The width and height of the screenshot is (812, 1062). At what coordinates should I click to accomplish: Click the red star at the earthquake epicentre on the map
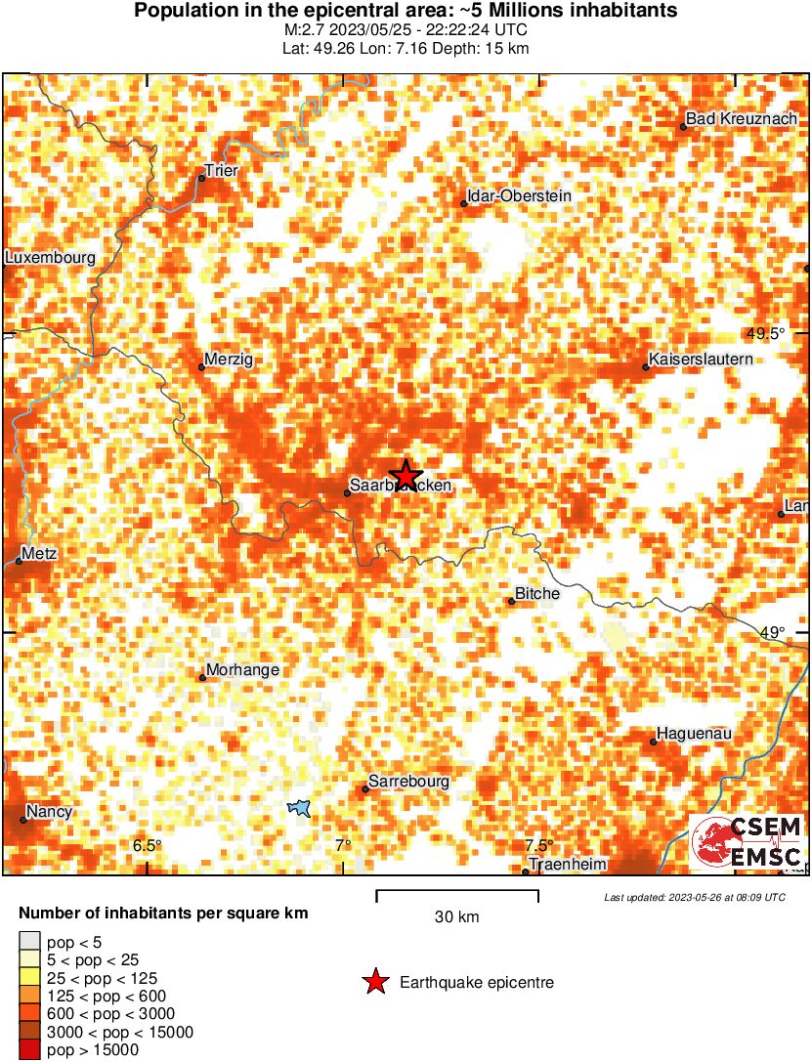click(x=406, y=475)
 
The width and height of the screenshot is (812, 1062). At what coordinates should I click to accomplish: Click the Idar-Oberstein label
click(x=519, y=196)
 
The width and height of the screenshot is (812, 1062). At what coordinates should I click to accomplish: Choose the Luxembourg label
click(x=50, y=258)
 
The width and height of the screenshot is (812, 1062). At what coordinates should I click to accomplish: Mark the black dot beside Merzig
click(x=201, y=367)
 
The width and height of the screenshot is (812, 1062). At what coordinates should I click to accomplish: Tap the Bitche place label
click(x=538, y=594)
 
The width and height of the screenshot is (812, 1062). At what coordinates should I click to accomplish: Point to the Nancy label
click(x=49, y=811)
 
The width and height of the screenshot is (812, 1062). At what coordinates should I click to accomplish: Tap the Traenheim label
click(x=568, y=865)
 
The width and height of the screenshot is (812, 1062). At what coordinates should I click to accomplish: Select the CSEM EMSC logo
click(x=748, y=842)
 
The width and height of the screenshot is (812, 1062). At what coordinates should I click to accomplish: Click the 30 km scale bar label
click(x=456, y=916)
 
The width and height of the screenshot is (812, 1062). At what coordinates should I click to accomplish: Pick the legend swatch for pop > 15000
click(x=29, y=1050)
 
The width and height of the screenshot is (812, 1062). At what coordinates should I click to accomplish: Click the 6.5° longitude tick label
click(x=148, y=845)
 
